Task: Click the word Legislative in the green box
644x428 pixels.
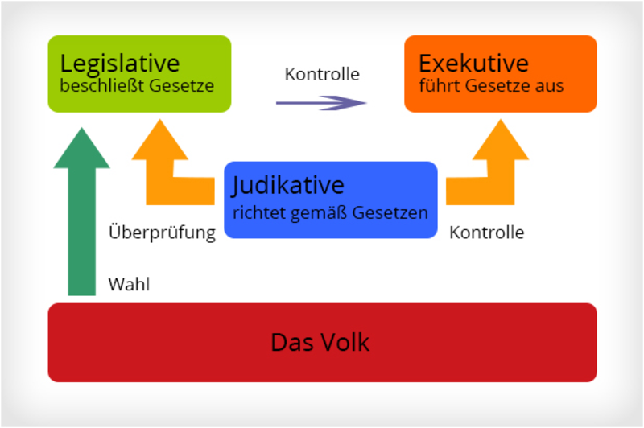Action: pos(120,64)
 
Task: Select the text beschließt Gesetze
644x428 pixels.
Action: pos(137,85)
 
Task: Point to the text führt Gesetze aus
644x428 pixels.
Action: pos(491,85)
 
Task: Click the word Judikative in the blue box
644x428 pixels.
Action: pos(288,186)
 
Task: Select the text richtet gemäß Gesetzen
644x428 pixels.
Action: pos(330,213)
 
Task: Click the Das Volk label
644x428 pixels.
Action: pos(320,342)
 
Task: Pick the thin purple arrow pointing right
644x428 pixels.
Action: pos(320,102)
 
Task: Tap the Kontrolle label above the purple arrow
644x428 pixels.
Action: pos(322,74)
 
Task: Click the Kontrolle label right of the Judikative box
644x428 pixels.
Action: pos(487,233)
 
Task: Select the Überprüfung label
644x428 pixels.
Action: pos(162,233)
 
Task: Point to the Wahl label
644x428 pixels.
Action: pos(129,284)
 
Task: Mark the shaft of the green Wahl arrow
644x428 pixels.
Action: pos(81,233)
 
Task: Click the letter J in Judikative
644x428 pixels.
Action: pos(237,187)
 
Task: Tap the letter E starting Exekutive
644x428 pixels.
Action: pos(425,64)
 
